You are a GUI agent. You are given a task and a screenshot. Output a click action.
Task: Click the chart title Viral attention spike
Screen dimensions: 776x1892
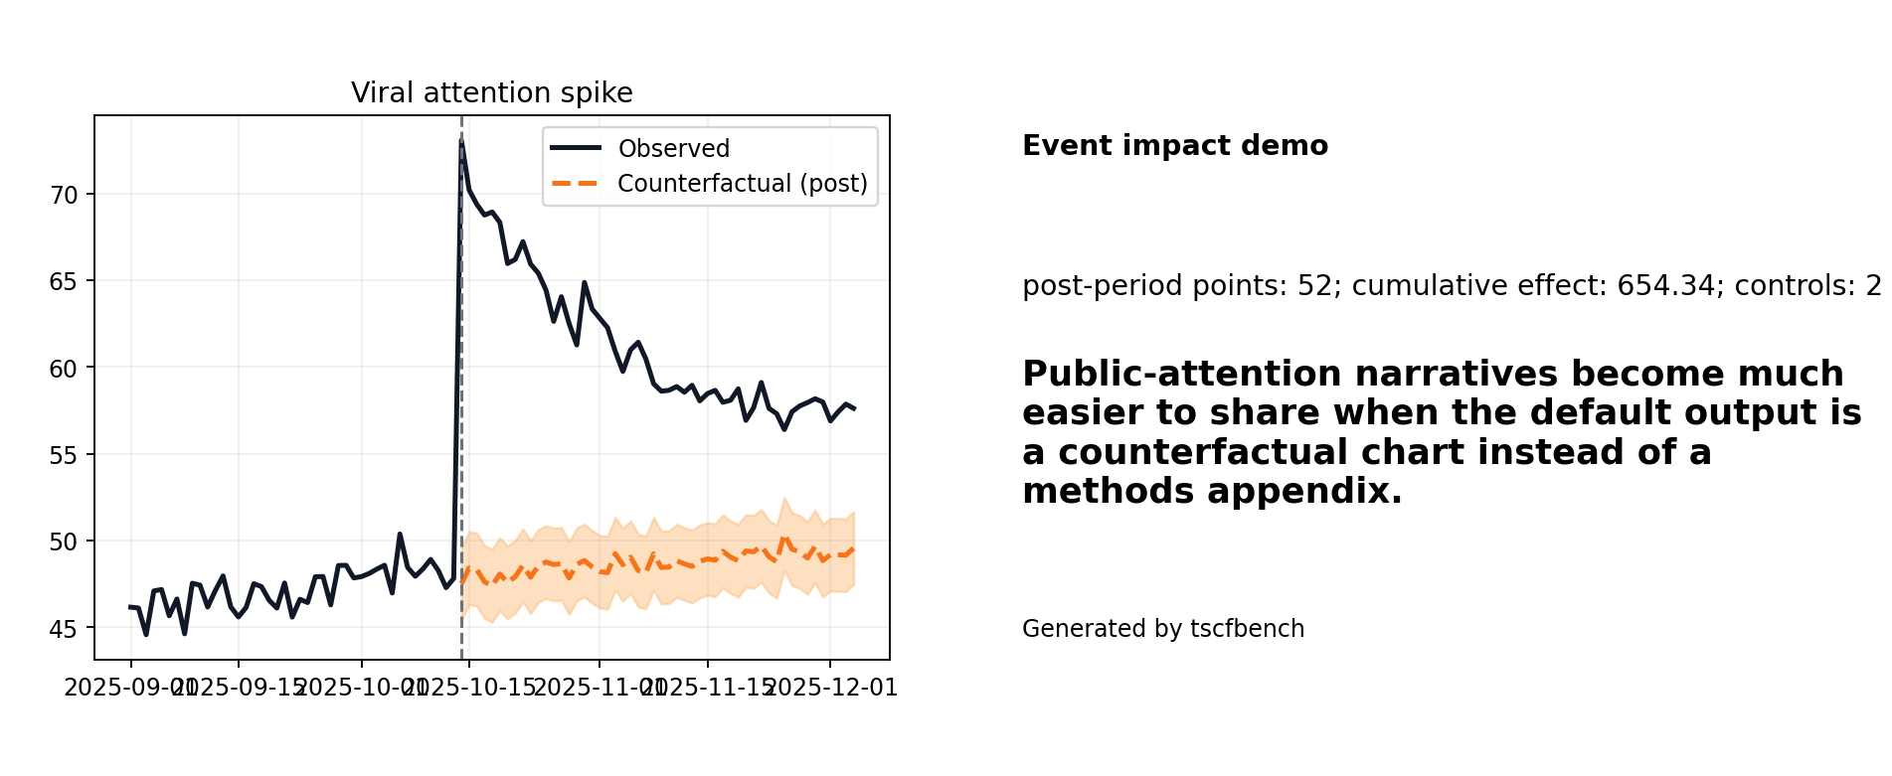491,93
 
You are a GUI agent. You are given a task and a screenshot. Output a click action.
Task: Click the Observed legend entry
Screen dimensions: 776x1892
673,149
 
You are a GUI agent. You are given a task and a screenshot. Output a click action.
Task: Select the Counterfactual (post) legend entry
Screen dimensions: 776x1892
742,184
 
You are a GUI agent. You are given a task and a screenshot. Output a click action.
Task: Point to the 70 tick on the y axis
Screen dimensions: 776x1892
64,195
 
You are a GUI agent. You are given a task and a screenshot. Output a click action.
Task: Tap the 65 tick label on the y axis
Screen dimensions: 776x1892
64,281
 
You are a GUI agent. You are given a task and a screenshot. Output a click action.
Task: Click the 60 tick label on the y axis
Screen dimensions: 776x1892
64,369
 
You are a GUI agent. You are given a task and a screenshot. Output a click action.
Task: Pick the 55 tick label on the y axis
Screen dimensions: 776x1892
64,455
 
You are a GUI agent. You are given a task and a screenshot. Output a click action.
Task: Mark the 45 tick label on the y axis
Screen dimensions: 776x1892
64,629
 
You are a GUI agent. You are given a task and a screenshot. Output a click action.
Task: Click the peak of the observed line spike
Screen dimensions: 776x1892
461,142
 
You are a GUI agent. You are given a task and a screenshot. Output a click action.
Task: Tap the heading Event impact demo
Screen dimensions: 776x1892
1174,146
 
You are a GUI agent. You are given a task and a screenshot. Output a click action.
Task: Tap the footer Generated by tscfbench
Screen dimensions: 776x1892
1162,629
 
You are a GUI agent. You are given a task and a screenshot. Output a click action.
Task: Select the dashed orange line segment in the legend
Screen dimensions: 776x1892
575,184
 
